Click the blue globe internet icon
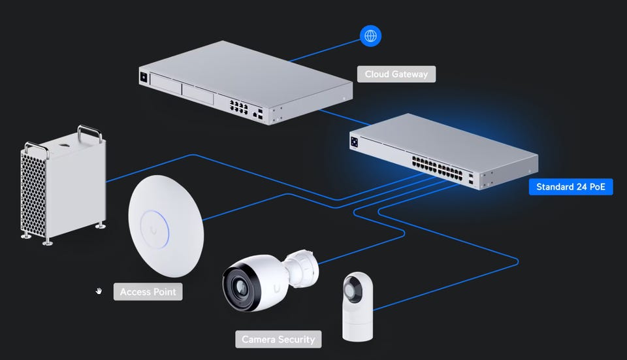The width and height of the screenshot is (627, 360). [370, 36]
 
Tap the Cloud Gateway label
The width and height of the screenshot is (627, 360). [396, 74]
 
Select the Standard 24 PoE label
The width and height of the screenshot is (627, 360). [571, 187]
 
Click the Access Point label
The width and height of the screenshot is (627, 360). [148, 291]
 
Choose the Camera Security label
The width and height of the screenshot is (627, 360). [278, 339]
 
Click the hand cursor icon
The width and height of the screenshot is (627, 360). [99, 291]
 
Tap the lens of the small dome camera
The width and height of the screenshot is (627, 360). [352, 290]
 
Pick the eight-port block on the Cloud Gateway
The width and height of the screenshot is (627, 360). [238, 106]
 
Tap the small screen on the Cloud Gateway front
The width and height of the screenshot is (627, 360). [144, 77]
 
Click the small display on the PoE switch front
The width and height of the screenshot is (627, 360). [354, 142]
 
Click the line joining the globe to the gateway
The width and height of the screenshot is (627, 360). [325, 50]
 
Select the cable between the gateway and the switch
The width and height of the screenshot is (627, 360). [345, 117]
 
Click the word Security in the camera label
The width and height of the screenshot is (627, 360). [297, 339]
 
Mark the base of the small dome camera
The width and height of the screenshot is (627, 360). [357, 326]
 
